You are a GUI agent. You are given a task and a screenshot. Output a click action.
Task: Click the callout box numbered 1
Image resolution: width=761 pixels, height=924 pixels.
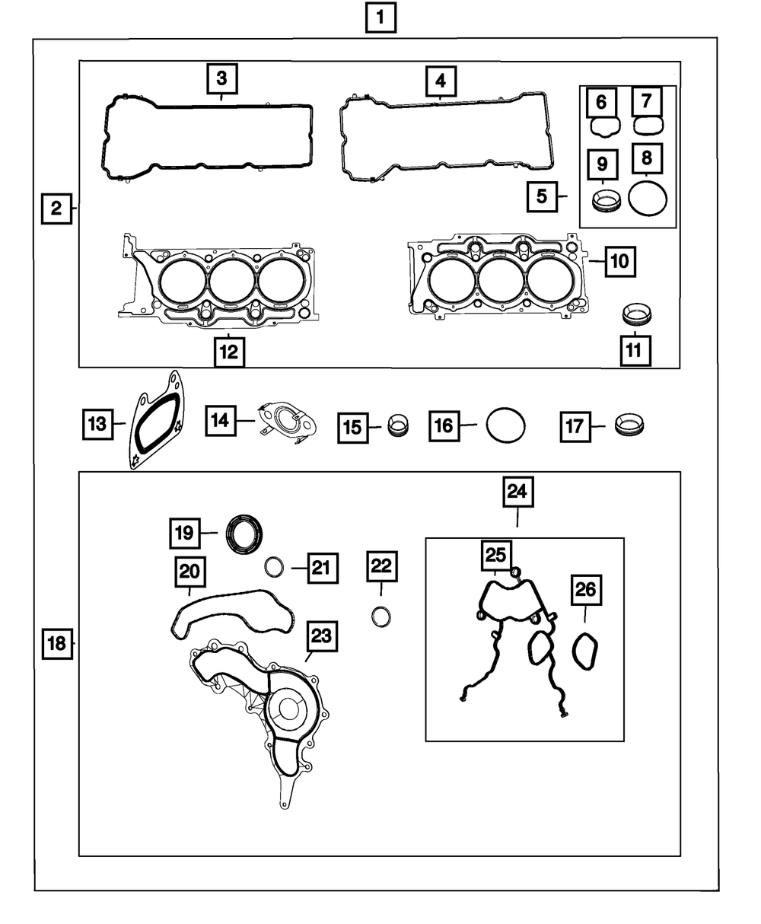tap(380, 18)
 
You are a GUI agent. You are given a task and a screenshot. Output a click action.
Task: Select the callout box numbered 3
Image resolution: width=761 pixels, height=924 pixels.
tap(222, 78)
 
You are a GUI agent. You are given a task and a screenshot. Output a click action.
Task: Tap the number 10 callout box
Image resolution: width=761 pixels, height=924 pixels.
tap(620, 262)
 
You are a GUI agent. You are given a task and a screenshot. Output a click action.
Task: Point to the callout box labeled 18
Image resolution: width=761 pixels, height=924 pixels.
tap(57, 644)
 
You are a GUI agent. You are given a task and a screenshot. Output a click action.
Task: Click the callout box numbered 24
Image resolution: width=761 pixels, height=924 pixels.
tap(518, 492)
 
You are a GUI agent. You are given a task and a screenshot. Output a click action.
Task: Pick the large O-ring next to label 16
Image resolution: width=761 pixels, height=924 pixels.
tap(487, 425)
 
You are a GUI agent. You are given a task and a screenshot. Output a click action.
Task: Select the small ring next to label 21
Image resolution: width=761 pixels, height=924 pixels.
tap(265, 567)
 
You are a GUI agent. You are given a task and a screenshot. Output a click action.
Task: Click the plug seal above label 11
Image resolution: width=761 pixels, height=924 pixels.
tap(636, 314)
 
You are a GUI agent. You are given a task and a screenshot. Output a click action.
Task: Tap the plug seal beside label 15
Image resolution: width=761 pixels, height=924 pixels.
tap(398, 425)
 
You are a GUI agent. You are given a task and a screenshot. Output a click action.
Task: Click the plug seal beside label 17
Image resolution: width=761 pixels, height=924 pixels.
tap(629, 425)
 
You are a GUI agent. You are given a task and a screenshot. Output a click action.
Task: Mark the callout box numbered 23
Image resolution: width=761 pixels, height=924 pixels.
tap(322, 636)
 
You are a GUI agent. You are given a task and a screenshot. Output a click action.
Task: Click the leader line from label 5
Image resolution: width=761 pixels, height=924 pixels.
tap(563, 196)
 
